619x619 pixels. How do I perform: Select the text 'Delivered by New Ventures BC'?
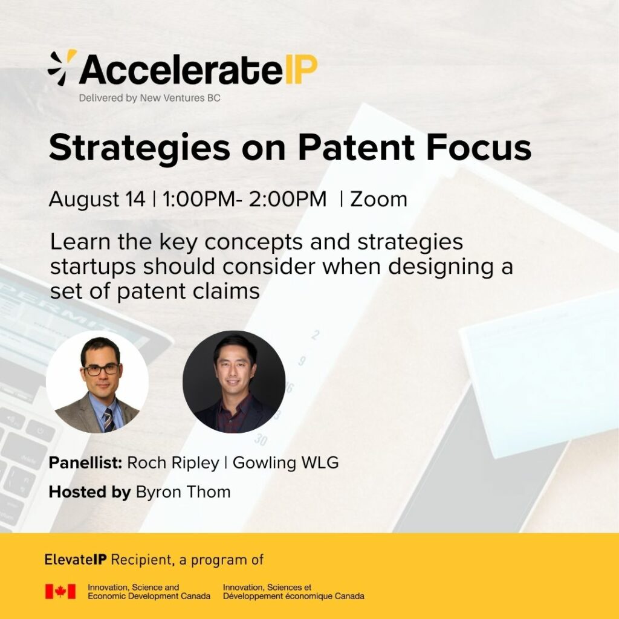point(150,98)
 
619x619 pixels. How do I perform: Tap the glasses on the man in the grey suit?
point(102,369)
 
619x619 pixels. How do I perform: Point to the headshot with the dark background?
point(234,382)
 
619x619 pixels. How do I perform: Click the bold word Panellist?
point(85,462)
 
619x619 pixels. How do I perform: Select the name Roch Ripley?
point(173,462)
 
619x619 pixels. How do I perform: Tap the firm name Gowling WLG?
point(285,462)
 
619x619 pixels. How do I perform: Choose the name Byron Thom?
point(183,492)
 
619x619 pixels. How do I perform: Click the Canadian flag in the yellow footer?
point(60,591)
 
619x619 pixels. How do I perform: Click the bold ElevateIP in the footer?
point(76,559)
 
